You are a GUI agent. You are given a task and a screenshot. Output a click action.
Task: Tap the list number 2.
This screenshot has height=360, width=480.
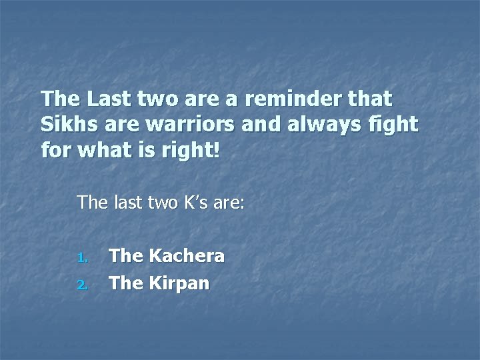click(81, 285)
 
